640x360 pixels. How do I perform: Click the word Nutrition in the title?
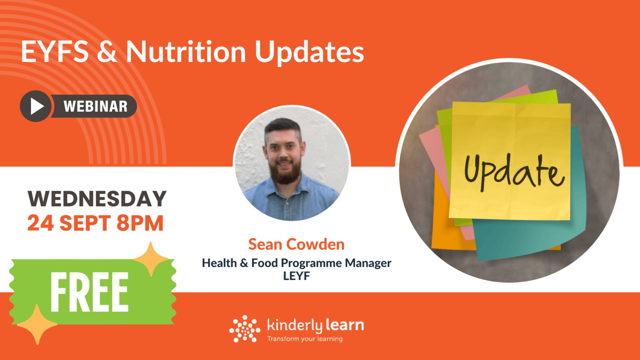(186, 52)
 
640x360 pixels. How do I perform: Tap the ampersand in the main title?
(107, 52)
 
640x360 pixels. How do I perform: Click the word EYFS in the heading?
(55, 52)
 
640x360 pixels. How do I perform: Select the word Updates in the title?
(309, 53)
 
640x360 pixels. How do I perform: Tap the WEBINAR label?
(96, 107)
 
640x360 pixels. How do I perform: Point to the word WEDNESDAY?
(97, 199)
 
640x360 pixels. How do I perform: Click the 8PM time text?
(140, 223)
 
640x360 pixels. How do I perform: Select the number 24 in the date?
(40, 223)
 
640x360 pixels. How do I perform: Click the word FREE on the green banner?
(89, 293)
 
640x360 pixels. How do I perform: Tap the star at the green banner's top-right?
(151, 259)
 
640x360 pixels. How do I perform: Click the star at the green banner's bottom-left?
(37, 324)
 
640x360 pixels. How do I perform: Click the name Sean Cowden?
(296, 244)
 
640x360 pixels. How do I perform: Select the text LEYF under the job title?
(296, 276)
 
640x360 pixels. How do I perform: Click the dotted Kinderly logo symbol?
(244, 329)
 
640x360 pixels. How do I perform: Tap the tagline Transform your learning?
(305, 339)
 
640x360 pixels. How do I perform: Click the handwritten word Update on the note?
(514, 173)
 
